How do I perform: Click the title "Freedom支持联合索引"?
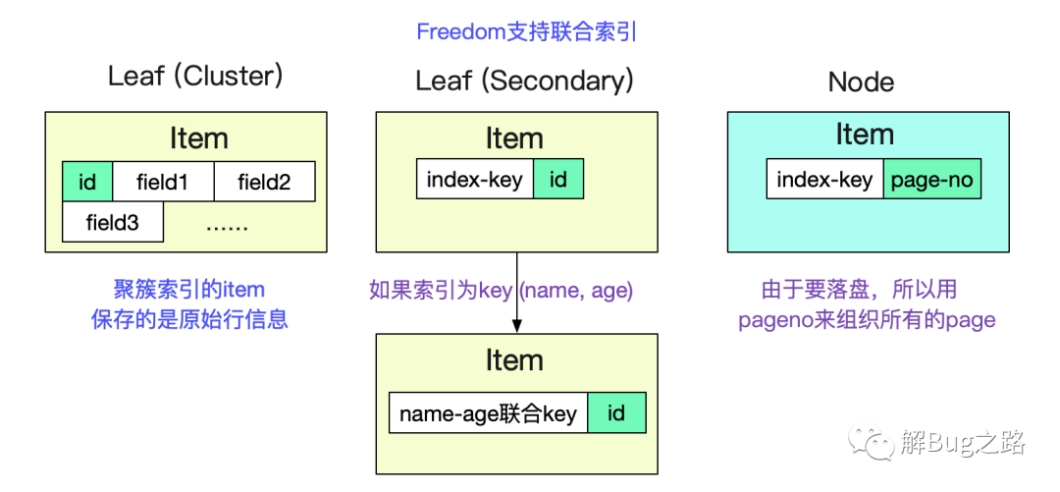tap(527, 31)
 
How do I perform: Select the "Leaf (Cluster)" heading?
tap(196, 77)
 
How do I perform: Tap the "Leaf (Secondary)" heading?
tap(524, 82)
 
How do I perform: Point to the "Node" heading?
tap(862, 82)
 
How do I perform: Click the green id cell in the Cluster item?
tap(87, 182)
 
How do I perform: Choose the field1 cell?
tap(163, 182)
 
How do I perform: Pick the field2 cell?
tap(264, 182)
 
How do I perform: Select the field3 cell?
tap(113, 222)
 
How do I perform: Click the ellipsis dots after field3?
tap(227, 225)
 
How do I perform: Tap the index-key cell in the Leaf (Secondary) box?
tap(475, 179)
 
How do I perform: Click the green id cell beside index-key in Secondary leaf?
tap(558, 179)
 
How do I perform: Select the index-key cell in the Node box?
tap(824, 179)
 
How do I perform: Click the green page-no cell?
tap(932, 179)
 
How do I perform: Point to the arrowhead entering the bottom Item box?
tap(517, 326)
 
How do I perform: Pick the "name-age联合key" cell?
tap(488, 412)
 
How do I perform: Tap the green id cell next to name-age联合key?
tap(616, 412)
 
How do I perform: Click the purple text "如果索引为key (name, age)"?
tap(501, 291)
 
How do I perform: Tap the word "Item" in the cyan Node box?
tap(865, 134)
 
